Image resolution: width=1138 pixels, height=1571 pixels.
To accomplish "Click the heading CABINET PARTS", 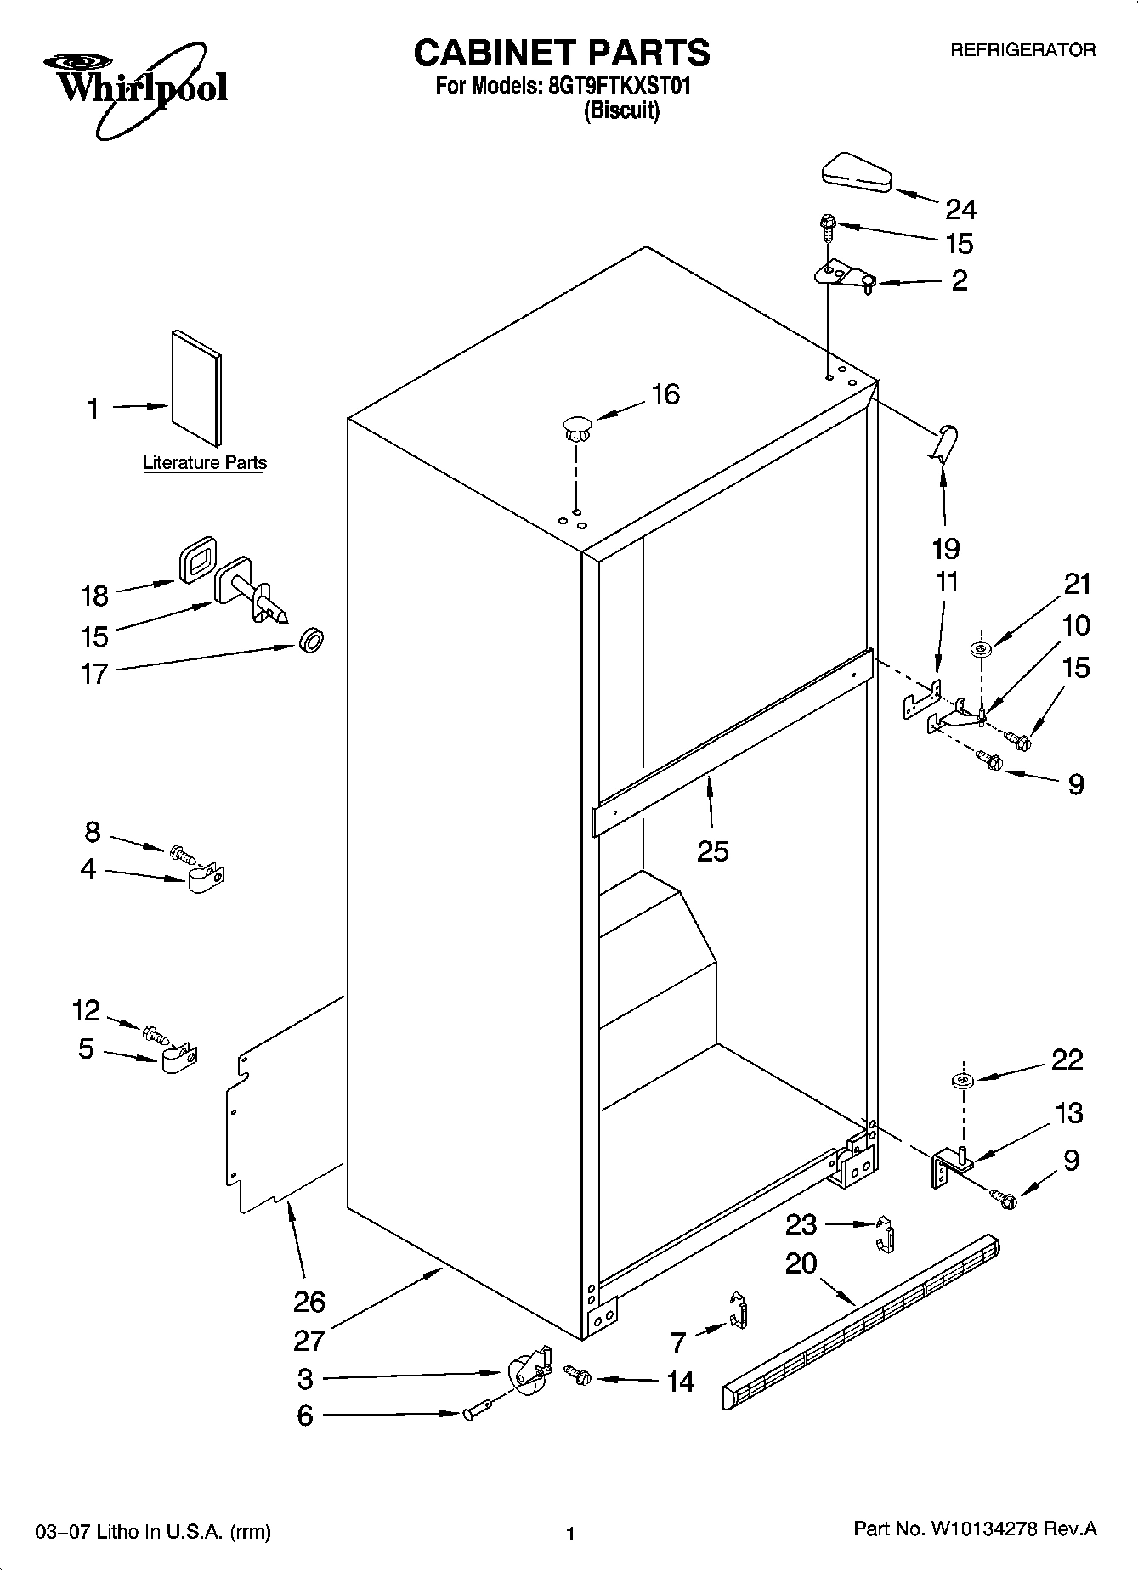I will tap(561, 53).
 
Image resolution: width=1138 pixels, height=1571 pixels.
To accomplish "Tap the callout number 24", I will tap(961, 209).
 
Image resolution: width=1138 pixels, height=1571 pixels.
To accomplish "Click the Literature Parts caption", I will tap(204, 463).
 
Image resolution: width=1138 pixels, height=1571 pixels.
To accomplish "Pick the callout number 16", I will tap(665, 394).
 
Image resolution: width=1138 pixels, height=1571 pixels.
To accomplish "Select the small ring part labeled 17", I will tap(312, 639).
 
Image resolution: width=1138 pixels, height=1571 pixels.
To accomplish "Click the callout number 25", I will tap(712, 850).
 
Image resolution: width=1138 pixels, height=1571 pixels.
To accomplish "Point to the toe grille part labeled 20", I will tap(860, 1314).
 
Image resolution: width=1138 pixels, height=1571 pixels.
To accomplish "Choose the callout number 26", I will tap(309, 1301).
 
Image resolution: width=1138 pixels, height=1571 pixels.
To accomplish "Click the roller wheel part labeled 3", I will tap(526, 1370).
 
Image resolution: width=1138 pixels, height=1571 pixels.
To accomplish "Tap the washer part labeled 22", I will tap(963, 1081).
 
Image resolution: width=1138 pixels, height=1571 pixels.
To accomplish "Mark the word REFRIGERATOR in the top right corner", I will tap(1022, 51).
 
